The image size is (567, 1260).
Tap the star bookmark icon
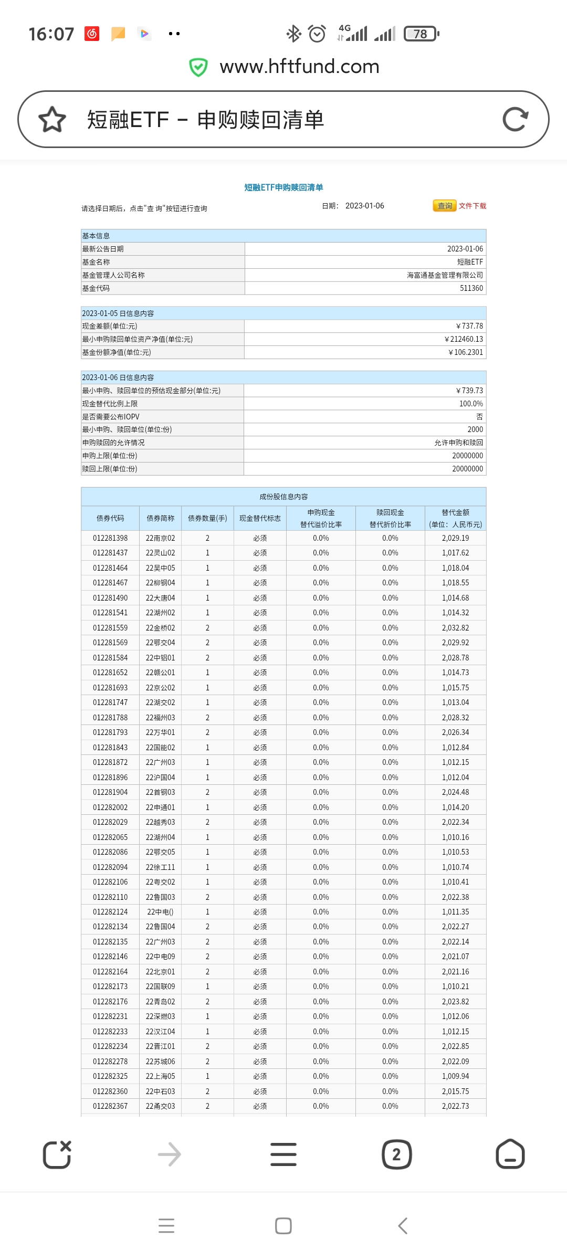click(x=52, y=119)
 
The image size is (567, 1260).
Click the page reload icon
click(x=515, y=119)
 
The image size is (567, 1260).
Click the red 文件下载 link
click(x=472, y=206)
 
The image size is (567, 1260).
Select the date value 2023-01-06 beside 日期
click(x=364, y=206)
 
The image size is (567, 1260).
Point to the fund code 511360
click(x=471, y=288)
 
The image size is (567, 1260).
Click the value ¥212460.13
click(x=464, y=339)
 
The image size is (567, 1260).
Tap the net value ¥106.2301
click(x=466, y=352)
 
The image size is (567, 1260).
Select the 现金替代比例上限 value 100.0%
click(x=471, y=404)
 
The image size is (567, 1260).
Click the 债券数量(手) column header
click(x=207, y=518)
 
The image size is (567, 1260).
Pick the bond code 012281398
click(x=110, y=538)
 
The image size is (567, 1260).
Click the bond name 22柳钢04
click(x=160, y=583)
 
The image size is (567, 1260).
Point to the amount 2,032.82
click(x=455, y=628)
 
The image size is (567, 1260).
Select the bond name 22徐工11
click(x=160, y=867)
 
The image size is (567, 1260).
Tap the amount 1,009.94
click(x=455, y=1076)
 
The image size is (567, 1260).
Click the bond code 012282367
click(x=110, y=1106)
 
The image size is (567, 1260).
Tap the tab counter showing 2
click(x=396, y=1154)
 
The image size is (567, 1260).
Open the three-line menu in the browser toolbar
click(x=283, y=1154)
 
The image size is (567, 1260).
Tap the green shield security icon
click(x=198, y=67)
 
